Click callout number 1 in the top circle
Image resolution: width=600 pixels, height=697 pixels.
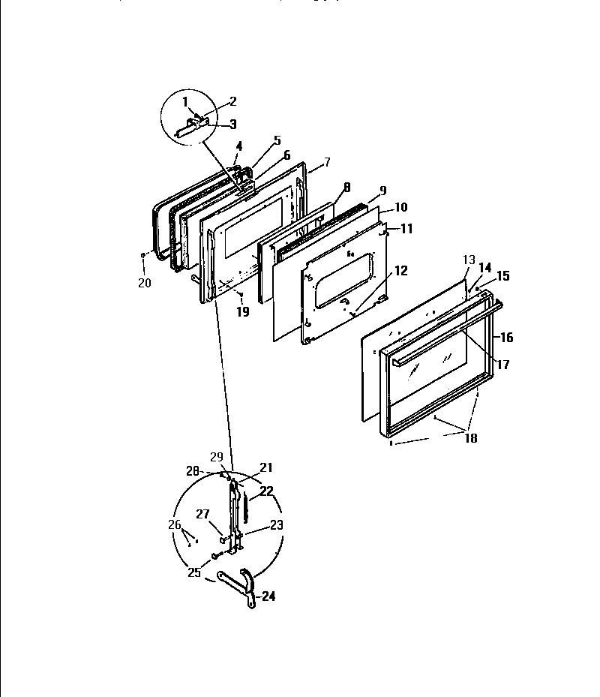coord(186,102)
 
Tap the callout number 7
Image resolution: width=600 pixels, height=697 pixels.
coord(326,162)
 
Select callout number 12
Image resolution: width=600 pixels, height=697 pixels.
coord(401,271)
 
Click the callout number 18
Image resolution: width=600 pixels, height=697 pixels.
coord(471,438)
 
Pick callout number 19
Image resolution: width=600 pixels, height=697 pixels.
coord(243,311)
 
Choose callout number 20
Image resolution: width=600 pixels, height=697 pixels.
coord(144,282)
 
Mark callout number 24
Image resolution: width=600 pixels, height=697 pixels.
coord(268,597)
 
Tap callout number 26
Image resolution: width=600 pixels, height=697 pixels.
coord(175,524)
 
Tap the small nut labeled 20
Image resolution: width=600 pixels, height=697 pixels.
coord(142,256)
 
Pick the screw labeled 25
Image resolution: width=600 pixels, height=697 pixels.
coord(216,555)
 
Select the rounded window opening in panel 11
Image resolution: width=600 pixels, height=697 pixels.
coord(344,281)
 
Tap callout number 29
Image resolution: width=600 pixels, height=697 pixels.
coord(217,457)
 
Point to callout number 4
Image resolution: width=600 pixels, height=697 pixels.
coord(239,145)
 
